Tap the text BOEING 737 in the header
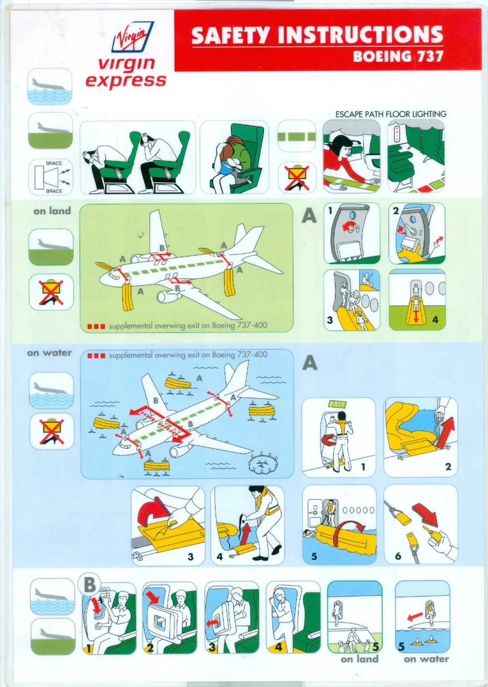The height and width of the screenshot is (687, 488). coord(397,57)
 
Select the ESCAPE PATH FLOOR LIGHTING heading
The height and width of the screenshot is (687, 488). coord(391,114)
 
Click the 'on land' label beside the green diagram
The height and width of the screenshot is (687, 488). coord(52,211)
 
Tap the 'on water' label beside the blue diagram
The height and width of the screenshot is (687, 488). coord(49,353)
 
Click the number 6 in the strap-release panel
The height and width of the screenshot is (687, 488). coord(397,555)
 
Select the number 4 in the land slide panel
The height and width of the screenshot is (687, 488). coord(435,319)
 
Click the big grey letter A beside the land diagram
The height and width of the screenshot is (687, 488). coord(310,216)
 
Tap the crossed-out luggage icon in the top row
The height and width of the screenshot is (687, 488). coord(296,177)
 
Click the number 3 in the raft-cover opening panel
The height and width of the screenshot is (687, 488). coord(191,555)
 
